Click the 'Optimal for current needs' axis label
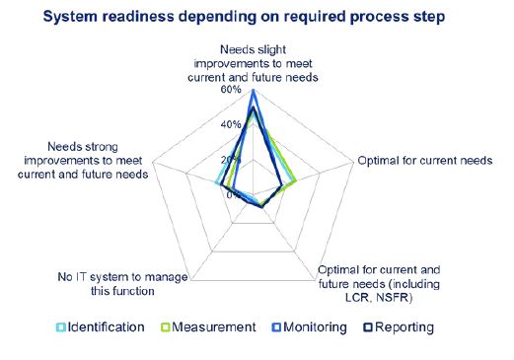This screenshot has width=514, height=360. click(423, 161)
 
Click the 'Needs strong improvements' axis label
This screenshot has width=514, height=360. click(82, 160)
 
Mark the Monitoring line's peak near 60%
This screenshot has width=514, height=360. click(254, 91)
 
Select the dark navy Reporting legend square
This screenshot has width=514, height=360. click(369, 327)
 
